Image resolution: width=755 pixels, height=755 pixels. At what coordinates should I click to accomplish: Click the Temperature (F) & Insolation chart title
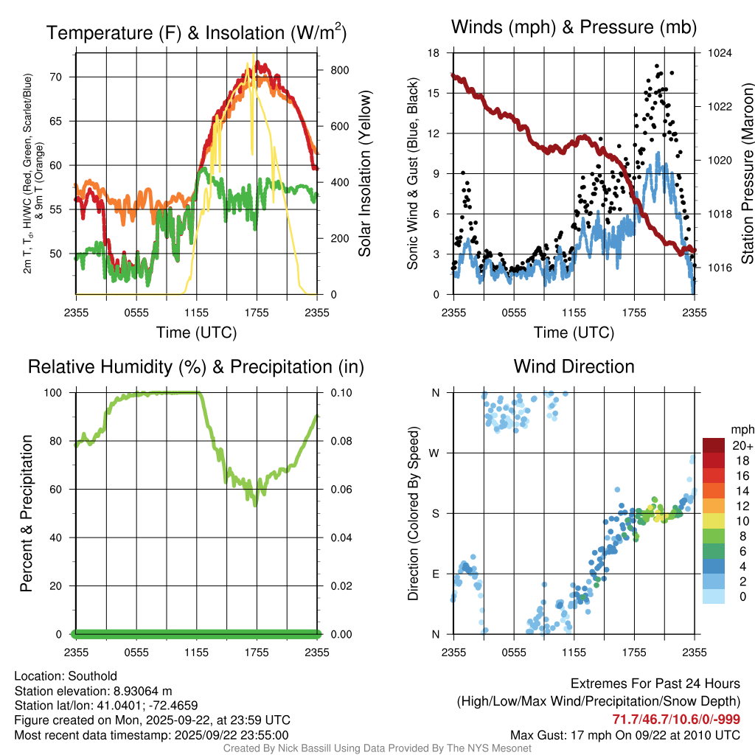[x=196, y=33]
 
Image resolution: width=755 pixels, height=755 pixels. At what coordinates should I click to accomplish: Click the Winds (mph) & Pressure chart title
[x=574, y=28]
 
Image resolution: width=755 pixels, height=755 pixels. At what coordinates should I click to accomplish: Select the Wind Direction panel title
[x=574, y=366]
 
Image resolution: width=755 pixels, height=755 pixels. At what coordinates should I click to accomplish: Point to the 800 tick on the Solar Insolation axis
[x=339, y=70]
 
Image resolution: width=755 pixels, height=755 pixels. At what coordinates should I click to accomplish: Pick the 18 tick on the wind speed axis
[x=434, y=53]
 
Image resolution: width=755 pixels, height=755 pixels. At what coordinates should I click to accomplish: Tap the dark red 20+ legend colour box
[x=713, y=445]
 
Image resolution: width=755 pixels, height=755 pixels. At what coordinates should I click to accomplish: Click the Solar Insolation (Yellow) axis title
[x=365, y=173]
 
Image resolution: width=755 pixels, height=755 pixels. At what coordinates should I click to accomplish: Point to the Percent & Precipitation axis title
[x=27, y=513]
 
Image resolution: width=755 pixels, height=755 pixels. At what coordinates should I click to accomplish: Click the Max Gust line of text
[x=625, y=735]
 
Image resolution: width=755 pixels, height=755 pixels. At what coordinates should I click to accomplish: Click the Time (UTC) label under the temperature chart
[x=196, y=333]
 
